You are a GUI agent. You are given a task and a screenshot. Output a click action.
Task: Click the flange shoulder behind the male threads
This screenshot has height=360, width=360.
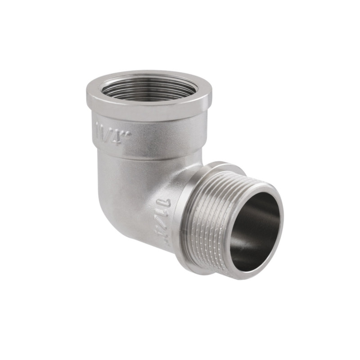coord(184,211)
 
